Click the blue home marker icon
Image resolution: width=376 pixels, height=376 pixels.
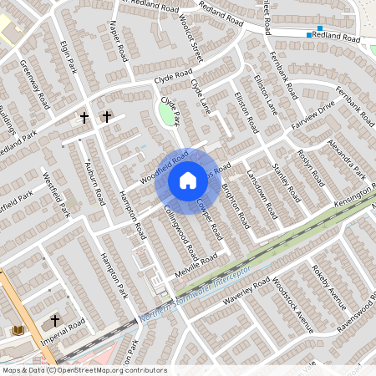click(187, 180)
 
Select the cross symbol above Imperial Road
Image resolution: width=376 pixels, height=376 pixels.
click(55, 320)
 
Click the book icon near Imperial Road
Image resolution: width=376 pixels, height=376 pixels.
click(18, 331)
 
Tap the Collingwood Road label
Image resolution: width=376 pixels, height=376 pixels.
click(180, 230)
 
